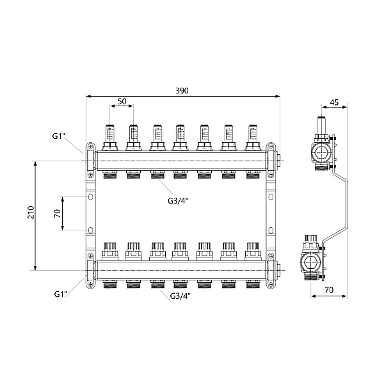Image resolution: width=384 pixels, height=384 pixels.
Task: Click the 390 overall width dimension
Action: click(x=182, y=91)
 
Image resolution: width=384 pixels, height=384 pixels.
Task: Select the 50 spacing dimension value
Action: click(x=122, y=101)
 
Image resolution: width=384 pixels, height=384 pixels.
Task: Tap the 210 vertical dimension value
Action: click(x=31, y=212)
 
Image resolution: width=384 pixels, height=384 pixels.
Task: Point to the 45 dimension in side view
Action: click(x=334, y=102)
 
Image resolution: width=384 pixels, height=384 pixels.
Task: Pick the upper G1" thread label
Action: click(x=58, y=136)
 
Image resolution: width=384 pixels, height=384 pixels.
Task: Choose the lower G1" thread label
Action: click(x=60, y=294)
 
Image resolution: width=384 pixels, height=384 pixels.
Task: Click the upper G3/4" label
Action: click(x=178, y=201)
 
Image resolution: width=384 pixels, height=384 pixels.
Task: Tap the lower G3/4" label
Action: click(x=180, y=296)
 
